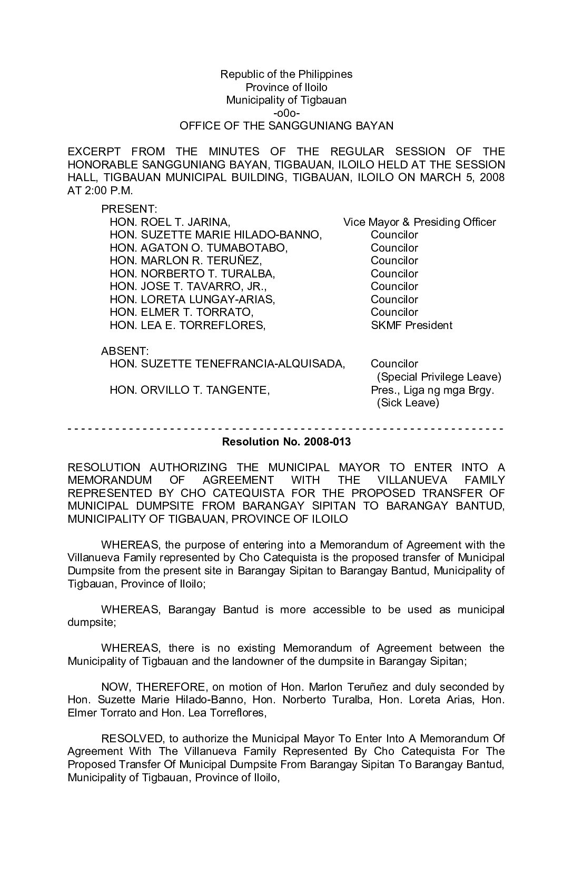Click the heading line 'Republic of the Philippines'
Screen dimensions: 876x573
click(x=286, y=74)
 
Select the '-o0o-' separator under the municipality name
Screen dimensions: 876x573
click(x=286, y=113)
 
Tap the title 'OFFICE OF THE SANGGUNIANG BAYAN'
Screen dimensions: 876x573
click(x=286, y=126)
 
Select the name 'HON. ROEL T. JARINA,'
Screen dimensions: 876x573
click(x=170, y=222)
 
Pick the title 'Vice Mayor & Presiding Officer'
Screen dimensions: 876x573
click(x=419, y=222)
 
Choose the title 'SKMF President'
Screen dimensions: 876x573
click(x=411, y=325)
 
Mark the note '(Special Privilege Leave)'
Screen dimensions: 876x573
click(x=439, y=377)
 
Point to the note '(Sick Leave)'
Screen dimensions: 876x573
click(x=408, y=403)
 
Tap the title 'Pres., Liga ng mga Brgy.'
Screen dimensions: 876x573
click(x=432, y=390)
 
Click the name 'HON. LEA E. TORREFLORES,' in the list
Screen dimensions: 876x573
click(x=187, y=325)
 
